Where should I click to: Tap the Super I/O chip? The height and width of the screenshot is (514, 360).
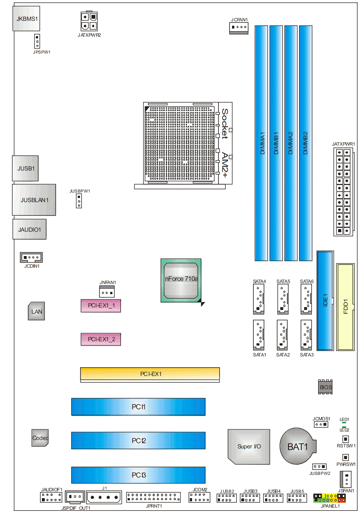tap(249, 447)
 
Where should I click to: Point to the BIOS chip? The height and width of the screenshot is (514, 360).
tap(325, 387)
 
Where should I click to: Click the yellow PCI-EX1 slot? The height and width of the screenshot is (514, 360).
tap(150, 374)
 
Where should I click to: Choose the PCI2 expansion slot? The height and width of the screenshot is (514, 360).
tap(138, 440)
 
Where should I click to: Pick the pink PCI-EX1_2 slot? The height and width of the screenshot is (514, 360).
tap(101, 339)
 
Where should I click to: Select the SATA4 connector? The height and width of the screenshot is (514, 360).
tap(259, 299)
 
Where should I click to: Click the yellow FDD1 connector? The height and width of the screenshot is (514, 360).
tap(345, 307)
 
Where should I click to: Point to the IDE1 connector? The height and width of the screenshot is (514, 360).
tap(325, 300)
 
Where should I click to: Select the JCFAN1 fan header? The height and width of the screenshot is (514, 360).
tap(239, 28)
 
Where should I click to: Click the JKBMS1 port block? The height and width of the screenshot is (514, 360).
tap(26, 19)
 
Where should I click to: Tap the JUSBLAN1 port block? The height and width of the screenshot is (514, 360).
tap(34, 200)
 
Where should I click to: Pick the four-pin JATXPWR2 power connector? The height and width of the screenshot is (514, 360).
tap(89, 21)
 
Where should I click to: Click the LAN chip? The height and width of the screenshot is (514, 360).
tap(37, 311)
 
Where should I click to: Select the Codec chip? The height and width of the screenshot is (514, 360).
tap(40, 438)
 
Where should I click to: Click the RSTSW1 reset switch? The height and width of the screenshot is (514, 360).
tap(346, 439)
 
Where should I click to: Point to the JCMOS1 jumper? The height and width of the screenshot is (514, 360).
tap(321, 424)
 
